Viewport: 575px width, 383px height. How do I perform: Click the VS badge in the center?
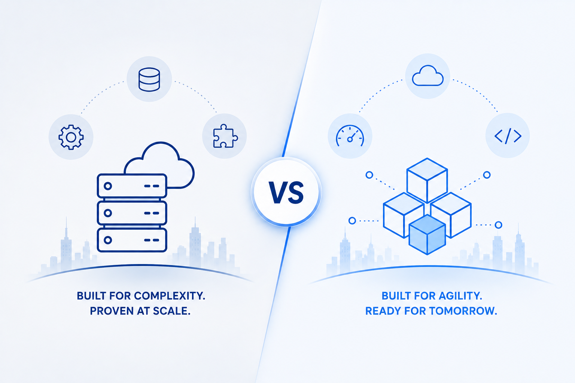pos(286,192)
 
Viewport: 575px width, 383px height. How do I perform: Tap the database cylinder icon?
pos(149,80)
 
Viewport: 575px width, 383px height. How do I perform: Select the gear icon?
pos(71,137)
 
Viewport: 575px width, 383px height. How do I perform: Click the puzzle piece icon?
pos(225,136)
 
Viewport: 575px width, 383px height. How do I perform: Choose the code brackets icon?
pos(508,136)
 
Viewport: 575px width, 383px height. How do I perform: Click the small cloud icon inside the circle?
pos(428,76)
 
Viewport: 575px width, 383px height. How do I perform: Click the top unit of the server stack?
pos(132,186)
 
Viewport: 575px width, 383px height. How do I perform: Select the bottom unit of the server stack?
pos(132,240)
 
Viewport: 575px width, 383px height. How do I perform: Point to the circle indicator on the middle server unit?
pos(108,213)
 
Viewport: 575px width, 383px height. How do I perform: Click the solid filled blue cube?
pos(427,235)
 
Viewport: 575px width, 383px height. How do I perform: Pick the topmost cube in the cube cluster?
pos(427,180)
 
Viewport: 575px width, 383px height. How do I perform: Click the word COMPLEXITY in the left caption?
pos(170,296)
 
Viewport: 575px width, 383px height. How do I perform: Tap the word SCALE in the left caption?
pos(172,311)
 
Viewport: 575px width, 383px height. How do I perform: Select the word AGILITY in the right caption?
pos(460,296)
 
